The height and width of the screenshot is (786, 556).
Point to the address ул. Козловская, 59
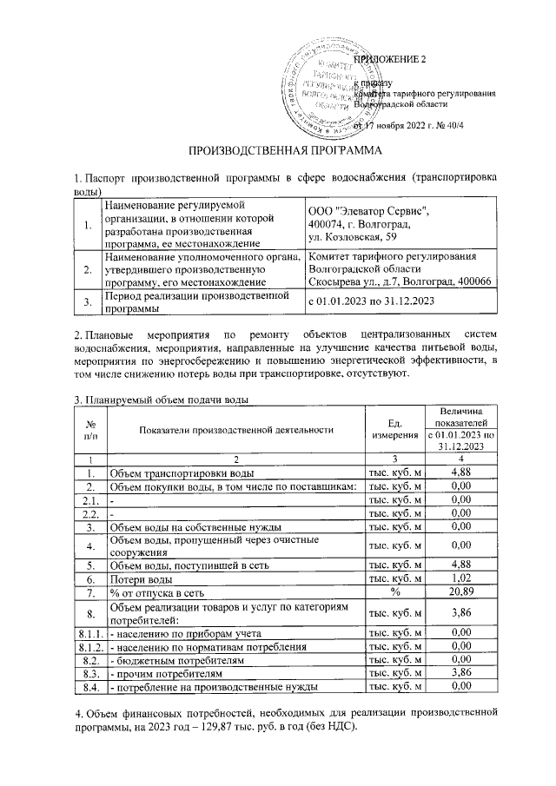point(354,237)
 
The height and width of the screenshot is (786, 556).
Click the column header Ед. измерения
point(394,428)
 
